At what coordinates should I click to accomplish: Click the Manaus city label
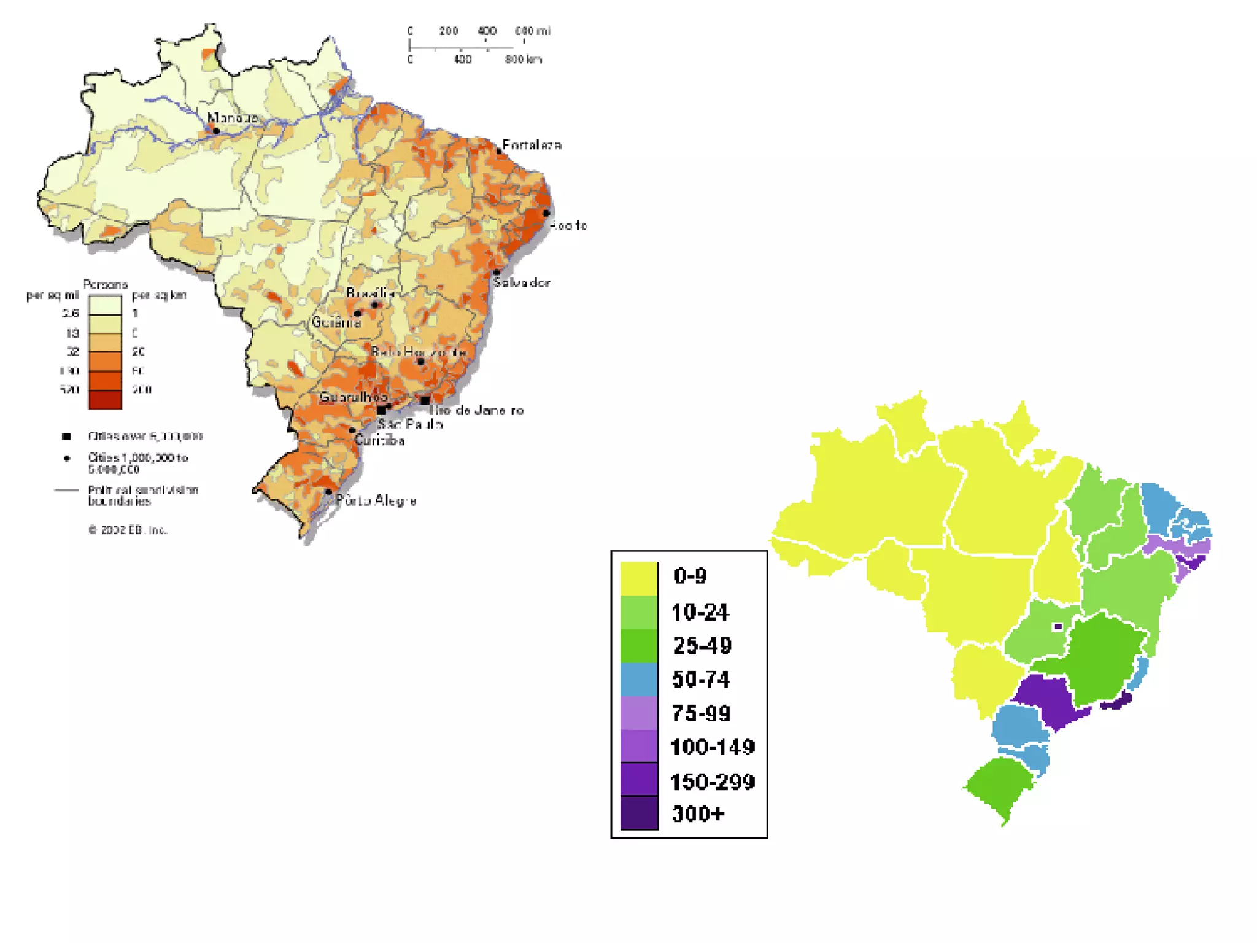(232, 117)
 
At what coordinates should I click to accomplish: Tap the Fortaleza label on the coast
(532, 145)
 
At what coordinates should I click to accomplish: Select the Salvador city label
(522, 282)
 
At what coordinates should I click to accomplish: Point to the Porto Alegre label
(376, 500)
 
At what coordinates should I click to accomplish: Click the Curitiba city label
(379, 440)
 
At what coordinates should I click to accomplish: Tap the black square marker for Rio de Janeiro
(425, 400)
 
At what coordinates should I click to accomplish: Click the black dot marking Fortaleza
(499, 151)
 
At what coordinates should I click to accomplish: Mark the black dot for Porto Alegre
(328, 492)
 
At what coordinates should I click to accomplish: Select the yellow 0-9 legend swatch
(639, 578)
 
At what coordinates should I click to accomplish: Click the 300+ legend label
(698, 813)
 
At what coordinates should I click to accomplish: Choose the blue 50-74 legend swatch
(639, 680)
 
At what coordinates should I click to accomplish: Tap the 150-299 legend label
(713, 782)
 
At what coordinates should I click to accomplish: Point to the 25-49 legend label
(702, 645)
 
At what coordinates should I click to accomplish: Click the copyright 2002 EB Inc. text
(128, 530)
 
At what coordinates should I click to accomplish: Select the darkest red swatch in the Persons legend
(105, 400)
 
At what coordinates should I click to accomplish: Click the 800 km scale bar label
(524, 60)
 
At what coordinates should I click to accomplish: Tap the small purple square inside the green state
(1058, 627)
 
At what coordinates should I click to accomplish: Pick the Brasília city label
(370, 293)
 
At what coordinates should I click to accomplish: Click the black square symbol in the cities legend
(66, 437)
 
